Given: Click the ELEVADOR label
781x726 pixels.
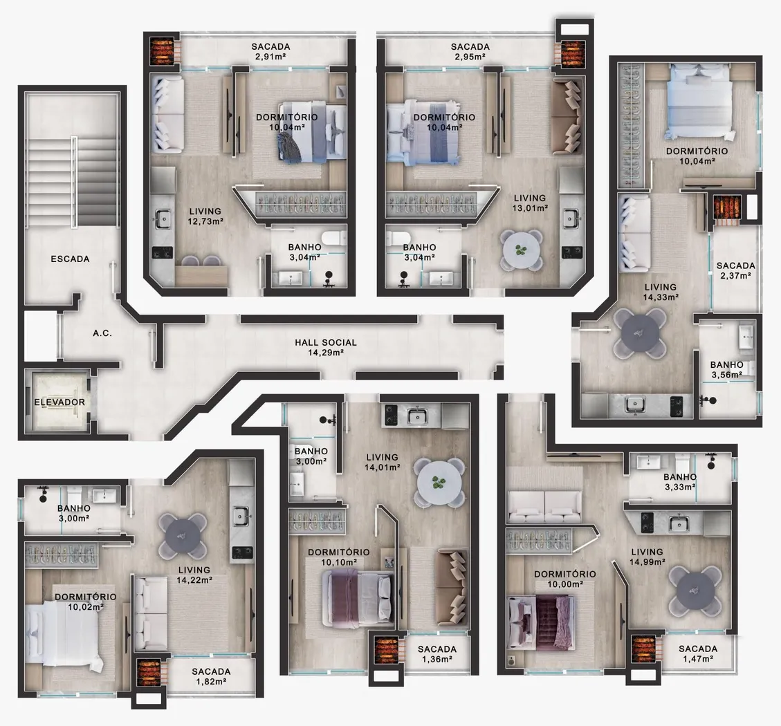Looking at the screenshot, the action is coord(59,402).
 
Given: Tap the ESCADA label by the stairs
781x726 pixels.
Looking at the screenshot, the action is coord(71,259).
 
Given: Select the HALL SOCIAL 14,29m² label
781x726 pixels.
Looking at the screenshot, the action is coord(326,348).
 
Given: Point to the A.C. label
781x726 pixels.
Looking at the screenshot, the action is coord(102,333).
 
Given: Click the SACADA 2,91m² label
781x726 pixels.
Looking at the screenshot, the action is coord(270,51).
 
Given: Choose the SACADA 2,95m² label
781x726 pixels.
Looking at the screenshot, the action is coord(470,51).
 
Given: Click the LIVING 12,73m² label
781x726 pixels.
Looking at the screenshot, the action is coord(205,216).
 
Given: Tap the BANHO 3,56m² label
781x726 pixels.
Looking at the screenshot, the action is coord(727,369).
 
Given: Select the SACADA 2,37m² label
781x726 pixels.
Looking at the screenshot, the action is coord(735,270).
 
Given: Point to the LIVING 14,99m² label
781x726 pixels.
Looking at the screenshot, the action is coord(647,557).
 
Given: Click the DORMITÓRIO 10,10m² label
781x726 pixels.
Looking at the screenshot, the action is coord(339,557).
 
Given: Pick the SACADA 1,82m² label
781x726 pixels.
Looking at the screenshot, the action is coord(211,676).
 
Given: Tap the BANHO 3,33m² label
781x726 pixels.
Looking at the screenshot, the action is coord(680,482).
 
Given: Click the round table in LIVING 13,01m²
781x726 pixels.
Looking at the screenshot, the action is coord(521,250).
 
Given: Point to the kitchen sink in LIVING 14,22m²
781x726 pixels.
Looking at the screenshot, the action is coord(241,516).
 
